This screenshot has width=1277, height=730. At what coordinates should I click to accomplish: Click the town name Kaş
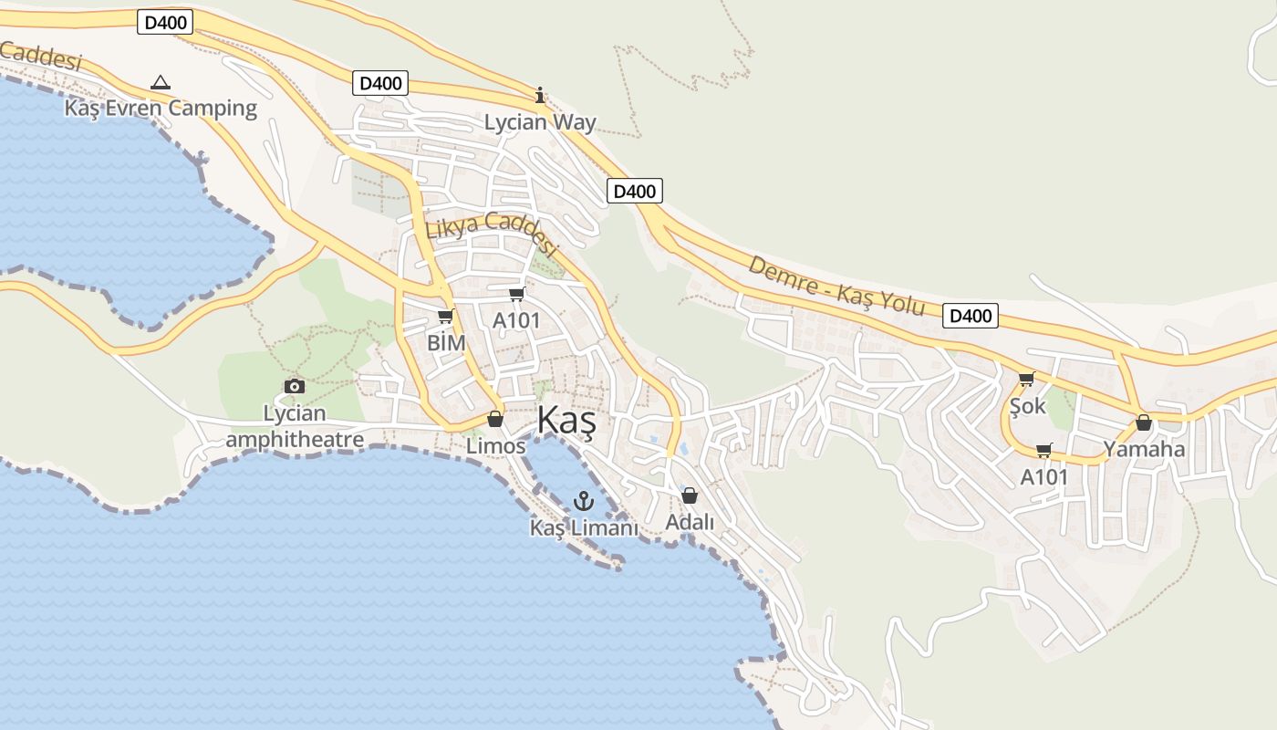point(566,422)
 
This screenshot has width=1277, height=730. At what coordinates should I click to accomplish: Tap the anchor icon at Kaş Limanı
point(584,501)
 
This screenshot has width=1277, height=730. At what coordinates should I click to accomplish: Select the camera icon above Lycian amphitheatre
point(294,386)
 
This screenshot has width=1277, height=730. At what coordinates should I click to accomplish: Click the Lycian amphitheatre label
point(295,426)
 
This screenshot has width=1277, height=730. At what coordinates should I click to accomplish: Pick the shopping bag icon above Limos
point(495,419)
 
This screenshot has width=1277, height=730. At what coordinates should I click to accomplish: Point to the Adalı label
point(690,522)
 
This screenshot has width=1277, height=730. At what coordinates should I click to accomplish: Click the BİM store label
point(446,343)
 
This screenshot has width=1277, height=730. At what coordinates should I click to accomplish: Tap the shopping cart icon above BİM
point(445,317)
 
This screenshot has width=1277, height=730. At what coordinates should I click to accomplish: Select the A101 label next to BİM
point(516,320)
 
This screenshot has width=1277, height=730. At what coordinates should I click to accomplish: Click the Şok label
point(1028,406)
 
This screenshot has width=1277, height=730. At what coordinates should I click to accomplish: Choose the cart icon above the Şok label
point(1027,379)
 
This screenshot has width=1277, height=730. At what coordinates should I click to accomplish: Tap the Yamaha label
point(1144,449)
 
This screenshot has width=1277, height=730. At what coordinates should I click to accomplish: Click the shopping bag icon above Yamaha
point(1144,422)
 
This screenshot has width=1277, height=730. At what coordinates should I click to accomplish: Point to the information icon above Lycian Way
point(540,95)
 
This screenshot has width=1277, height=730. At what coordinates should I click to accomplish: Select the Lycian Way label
point(540,122)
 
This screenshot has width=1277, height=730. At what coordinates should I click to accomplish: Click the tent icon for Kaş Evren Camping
point(161,82)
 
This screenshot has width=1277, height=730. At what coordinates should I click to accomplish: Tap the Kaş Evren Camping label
point(161,108)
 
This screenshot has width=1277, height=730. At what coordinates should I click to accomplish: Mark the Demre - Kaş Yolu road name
point(836,286)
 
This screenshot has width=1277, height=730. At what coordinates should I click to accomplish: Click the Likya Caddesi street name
point(491,232)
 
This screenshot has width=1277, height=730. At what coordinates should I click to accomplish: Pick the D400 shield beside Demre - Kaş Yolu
point(970,316)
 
